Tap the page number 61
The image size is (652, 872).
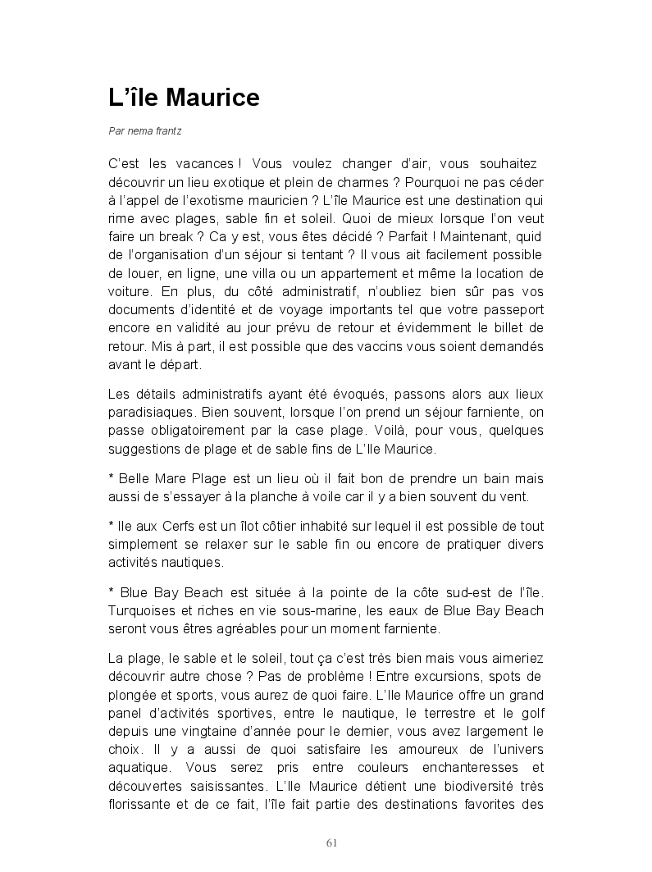point(332,842)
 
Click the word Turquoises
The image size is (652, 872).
point(144,610)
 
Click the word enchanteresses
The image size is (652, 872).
point(454,768)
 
